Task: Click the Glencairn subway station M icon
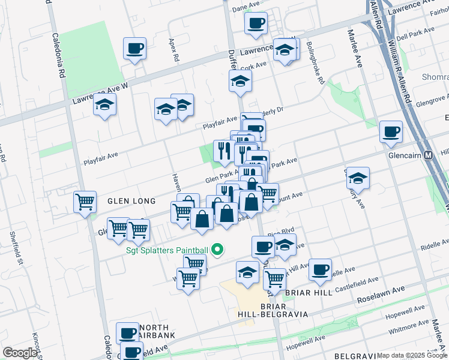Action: (x=429, y=155)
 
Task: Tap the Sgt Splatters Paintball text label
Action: (x=167, y=250)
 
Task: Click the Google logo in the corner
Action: (x=20, y=353)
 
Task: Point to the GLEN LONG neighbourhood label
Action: (x=131, y=201)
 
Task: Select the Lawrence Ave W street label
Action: (x=99, y=92)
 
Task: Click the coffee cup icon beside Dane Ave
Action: (x=256, y=23)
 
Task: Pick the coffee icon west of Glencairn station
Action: (x=391, y=131)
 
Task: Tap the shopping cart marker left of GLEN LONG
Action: (x=85, y=201)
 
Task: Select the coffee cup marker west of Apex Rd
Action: (x=134, y=48)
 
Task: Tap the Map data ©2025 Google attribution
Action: (x=412, y=355)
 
